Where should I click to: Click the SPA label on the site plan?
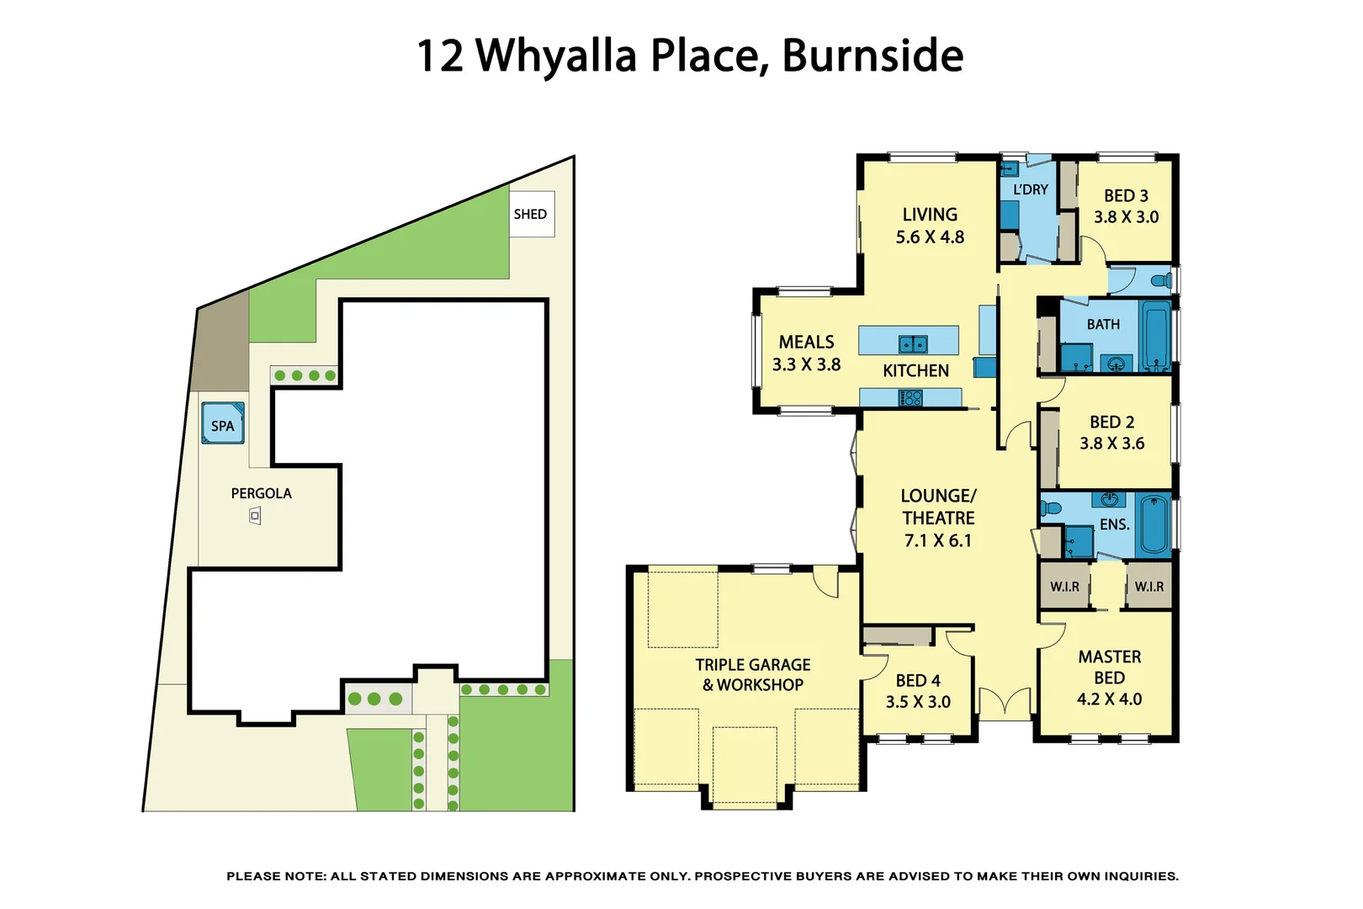pyautogui.click(x=223, y=425)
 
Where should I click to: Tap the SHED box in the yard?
pyautogui.click(x=531, y=214)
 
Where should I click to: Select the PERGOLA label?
pyautogui.click(x=261, y=493)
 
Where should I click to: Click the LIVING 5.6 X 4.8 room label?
pyautogui.click(x=930, y=226)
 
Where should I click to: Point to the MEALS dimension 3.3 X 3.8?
pyautogui.click(x=806, y=364)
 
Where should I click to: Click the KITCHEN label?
pyautogui.click(x=915, y=370)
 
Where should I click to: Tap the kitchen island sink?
pyautogui.click(x=913, y=343)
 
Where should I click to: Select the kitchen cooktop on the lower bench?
pyautogui.click(x=910, y=398)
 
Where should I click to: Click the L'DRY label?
pyautogui.click(x=1031, y=189)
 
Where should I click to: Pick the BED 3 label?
pyautogui.click(x=1126, y=195)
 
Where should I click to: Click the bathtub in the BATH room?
pyautogui.click(x=1157, y=337)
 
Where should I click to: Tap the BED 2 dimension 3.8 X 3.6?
pyautogui.click(x=1112, y=444)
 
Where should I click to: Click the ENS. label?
pyautogui.click(x=1114, y=524)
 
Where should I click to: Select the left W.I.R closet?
pyautogui.click(x=1064, y=587)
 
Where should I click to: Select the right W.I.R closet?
pyautogui.click(x=1148, y=587)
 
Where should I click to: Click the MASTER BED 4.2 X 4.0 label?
pyautogui.click(x=1109, y=678)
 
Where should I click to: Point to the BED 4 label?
pyautogui.click(x=918, y=680)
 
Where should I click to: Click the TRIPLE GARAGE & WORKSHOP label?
pyautogui.click(x=753, y=674)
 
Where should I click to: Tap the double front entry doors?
pyautogui.click(x=1005, y=704)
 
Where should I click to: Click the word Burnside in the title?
pyautogui.click(x=872, y=56)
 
